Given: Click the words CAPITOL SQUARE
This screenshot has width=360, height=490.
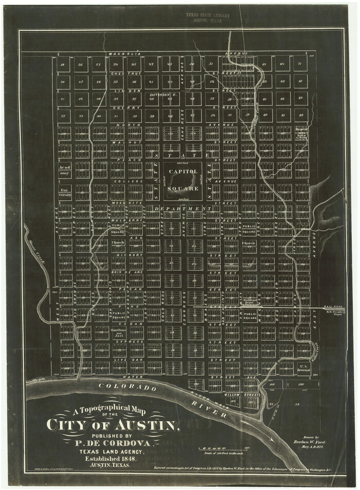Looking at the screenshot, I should (183, 180).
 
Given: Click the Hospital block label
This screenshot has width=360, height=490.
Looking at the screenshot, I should (302, 133).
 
